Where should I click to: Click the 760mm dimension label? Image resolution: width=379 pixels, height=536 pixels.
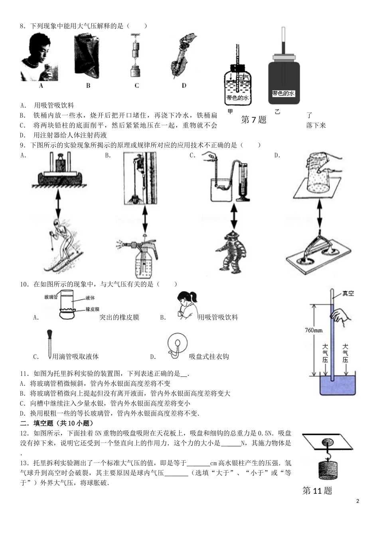coord(314,331)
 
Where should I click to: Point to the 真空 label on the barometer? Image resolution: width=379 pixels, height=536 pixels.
coord(348,294)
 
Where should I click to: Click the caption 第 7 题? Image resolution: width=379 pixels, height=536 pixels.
coord(253,120)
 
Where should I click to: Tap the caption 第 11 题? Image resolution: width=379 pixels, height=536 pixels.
coord(317,491)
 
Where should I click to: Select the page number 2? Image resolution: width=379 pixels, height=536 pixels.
coord(357,501)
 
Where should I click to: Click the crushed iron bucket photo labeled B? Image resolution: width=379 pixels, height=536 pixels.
coord(88,57)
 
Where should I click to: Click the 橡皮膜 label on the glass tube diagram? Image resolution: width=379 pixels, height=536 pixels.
coord(92,309)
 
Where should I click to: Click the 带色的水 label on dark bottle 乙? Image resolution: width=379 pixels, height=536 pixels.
coord(283,93)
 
